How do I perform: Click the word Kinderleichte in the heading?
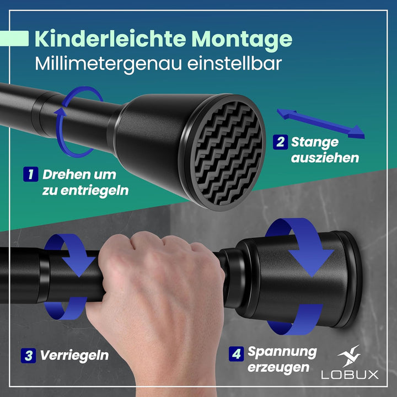(x=109, y=39)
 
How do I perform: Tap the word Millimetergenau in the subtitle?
(x=107, y=63)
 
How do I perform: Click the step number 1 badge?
(x=30, y=175)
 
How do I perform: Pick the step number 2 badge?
(x=281, y=142)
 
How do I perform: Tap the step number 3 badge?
(x=28, y=355)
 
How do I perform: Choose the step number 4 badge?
(x=237, y=353)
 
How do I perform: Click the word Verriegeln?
(x=74, y=355)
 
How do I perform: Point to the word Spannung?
(x=282, y=351)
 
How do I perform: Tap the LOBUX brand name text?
(x=350, y=374)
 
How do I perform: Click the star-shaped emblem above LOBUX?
(x=350, y=356)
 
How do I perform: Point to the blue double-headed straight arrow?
(x=320, y=122)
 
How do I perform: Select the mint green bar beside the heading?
(x=14, y=39)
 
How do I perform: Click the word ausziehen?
(x=325, y=158)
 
